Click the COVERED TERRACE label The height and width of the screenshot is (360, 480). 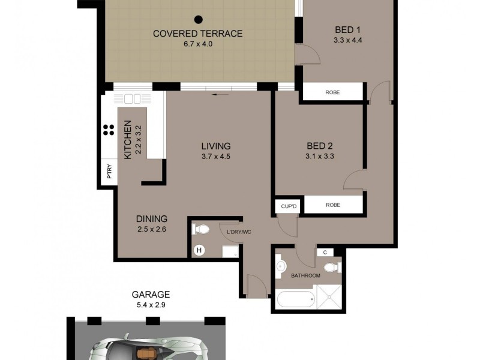click(x=198, y=34)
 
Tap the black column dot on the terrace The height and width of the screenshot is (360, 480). click(x=198, y=19)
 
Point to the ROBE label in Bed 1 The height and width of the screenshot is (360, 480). click(x=333, y=92)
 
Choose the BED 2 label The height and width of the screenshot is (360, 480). click(x=319, y=146)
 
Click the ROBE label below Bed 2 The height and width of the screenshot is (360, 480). click(x=333, y=205)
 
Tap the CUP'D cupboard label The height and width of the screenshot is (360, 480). click(x=289, y=206)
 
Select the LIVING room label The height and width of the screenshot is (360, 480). click(x=216, y=146)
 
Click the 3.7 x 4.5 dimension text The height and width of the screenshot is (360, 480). click(x=216, y=157)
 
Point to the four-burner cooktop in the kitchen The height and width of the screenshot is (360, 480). click(x=109, y=130)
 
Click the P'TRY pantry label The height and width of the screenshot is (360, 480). click(x=109, y=173)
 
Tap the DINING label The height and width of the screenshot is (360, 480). click(x=151, y=219)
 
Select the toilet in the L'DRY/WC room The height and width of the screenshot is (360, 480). click(x=201, y=229)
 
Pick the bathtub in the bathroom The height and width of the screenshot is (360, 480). click(x=295, y=298)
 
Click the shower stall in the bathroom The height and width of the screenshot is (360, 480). click(x=329, y=298)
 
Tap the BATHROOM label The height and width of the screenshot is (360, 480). click(x=306, y=276)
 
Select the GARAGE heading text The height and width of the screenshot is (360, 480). click(x=151, y=295)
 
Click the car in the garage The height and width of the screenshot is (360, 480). click(x=147, y=348)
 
